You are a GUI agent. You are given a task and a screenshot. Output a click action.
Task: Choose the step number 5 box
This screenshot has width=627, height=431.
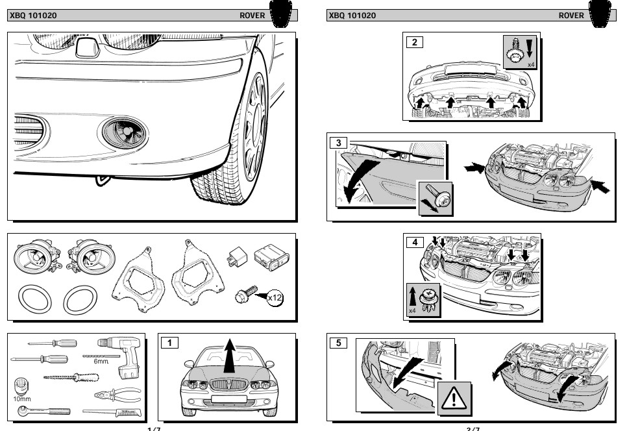[339, 343]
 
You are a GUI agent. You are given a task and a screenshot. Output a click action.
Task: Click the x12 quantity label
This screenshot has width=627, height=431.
[275, 297]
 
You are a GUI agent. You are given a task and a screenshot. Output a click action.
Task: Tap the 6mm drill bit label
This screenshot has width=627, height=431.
[101, 361]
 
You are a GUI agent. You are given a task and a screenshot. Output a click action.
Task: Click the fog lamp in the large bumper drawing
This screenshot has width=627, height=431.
[125, 132]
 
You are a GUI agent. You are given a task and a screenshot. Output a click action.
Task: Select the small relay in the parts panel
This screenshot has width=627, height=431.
[235, 256]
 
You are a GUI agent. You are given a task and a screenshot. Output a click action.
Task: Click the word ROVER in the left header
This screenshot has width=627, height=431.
[252, 16]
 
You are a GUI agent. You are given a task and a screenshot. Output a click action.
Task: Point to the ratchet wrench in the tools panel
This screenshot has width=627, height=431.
[45, 412]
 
